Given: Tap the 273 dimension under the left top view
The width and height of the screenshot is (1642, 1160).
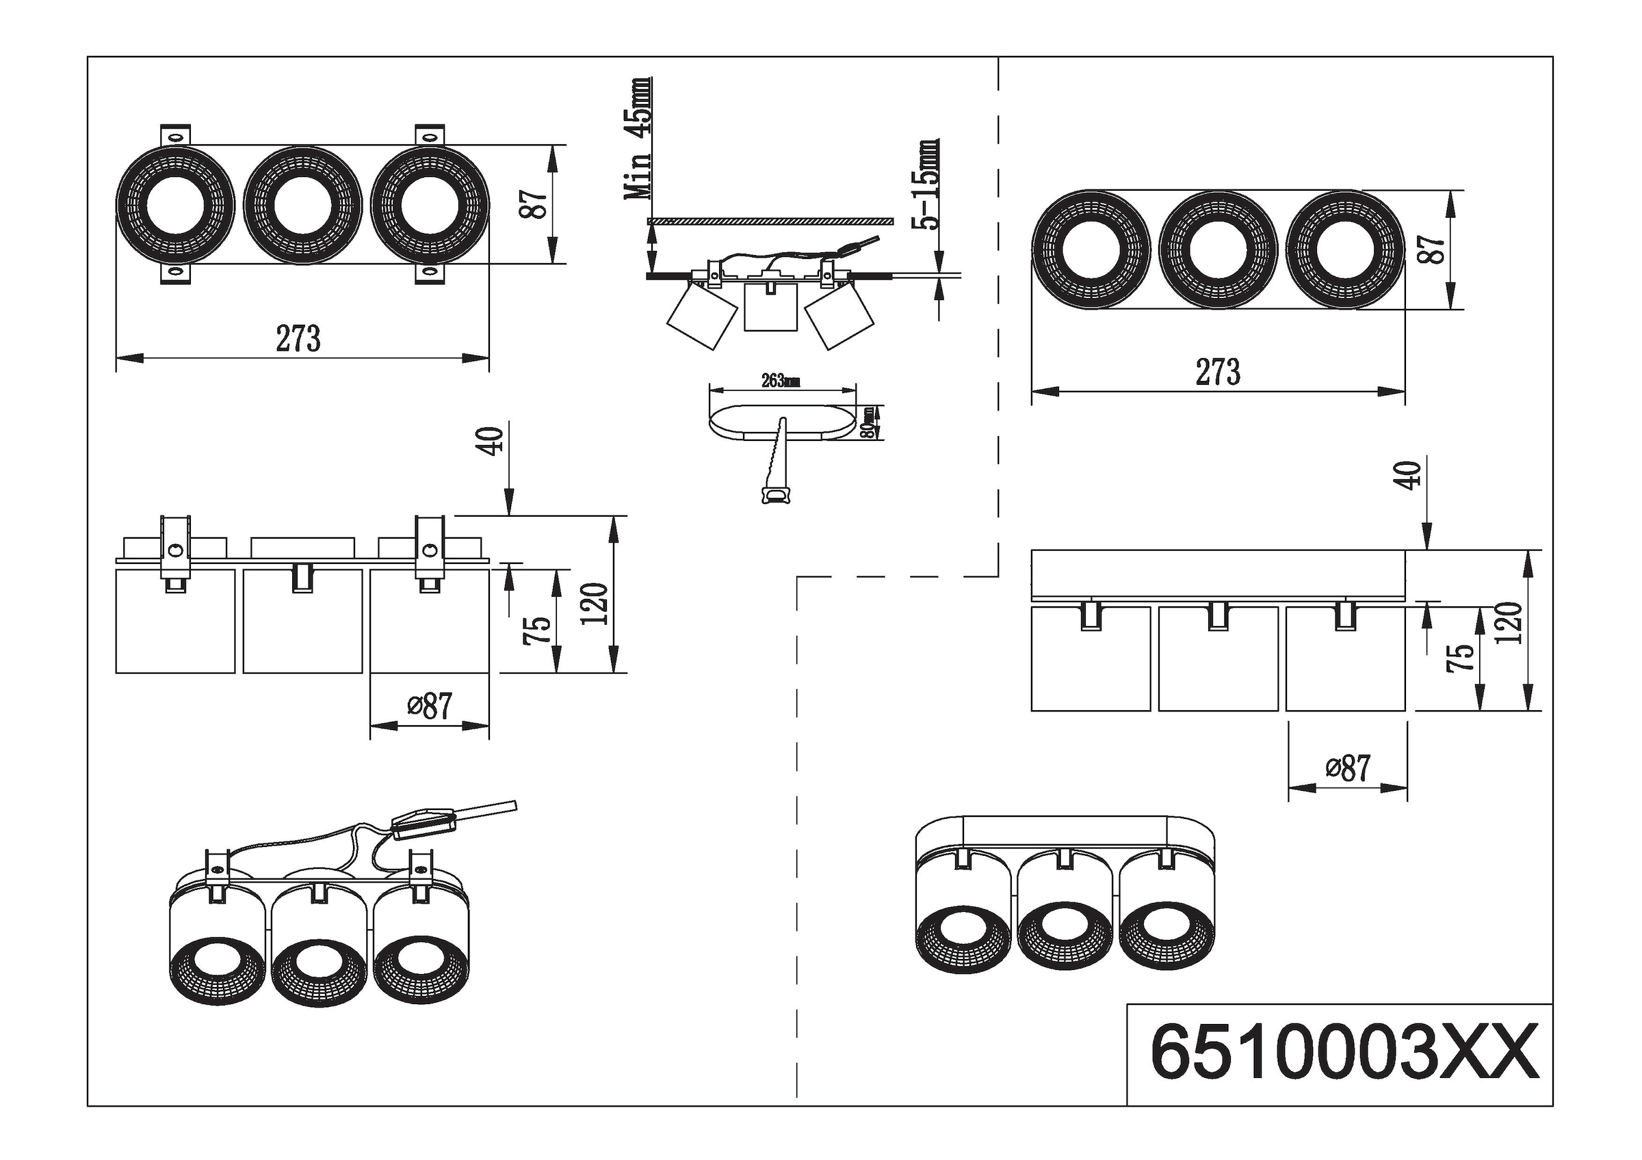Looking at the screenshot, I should [x=298, y=339].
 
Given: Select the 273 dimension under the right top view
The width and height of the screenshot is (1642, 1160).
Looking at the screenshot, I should [x=1218, y=373].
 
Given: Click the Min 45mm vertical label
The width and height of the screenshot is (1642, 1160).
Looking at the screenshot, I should [x=638, y=139].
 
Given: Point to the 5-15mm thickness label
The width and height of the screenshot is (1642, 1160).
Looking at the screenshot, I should [x=928, y=185].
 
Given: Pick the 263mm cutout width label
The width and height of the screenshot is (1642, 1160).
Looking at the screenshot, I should [x=780, y=381].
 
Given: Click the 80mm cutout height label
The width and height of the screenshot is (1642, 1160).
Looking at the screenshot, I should [x=868, y=422].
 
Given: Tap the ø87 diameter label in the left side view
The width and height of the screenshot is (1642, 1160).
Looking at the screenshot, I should [x=430, y=706].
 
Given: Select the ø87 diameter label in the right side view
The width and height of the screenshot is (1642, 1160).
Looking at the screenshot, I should [x=1347, y=768].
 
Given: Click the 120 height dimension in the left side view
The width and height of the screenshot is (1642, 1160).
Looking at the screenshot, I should [x=595, y=603].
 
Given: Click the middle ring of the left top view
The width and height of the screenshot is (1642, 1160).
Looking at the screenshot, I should [x=302, y=205].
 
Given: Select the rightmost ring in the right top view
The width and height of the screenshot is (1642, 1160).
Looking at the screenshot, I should [x=1345, y=250].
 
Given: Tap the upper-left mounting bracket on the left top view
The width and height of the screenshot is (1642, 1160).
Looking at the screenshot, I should [x=175, y=135].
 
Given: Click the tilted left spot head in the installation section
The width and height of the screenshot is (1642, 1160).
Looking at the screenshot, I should [x=701, y=315].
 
